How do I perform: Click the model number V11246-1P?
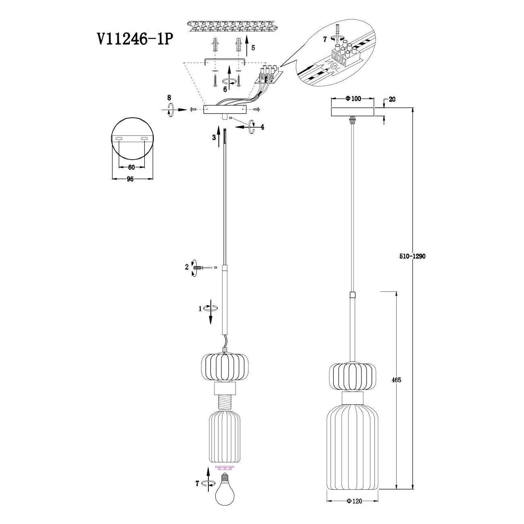[135, 40]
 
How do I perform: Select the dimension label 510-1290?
[412, 256]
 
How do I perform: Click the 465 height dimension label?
[397, 380]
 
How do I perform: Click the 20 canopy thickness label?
[392, 100]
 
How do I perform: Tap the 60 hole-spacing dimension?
[131, 167]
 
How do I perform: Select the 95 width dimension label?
[130, 179]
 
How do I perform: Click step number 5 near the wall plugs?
[253, 48]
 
